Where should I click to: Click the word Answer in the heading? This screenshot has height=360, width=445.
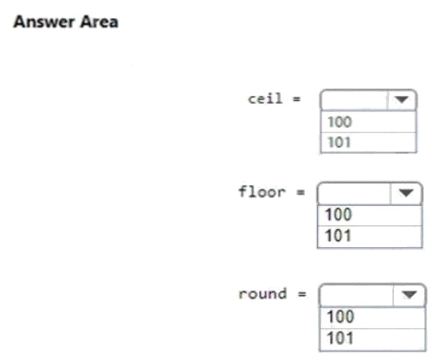(x=44, y=22)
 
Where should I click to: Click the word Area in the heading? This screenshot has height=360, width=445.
(x=99, y=22)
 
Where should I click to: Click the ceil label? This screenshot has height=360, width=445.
(x=265, y=99)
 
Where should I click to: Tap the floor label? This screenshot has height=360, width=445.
(x=262, y=192)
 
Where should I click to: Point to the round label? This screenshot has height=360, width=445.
(x=263, y=294)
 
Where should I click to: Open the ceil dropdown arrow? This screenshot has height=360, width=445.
(x=402, y=100)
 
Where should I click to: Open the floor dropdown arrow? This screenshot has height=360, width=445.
(x=406, y=193)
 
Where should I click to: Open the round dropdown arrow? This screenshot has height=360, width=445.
(x=409, y=295)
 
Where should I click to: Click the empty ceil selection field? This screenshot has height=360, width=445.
(x=354, y=100)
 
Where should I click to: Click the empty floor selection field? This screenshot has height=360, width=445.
(x=355, y=193)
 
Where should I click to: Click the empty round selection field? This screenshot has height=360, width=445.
(x=357, y=295)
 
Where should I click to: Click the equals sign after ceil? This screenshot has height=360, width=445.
(x=297, y=99)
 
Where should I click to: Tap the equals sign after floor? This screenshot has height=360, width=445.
(x=301, y=192)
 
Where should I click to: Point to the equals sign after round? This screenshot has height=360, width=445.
(x=302, y=294)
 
